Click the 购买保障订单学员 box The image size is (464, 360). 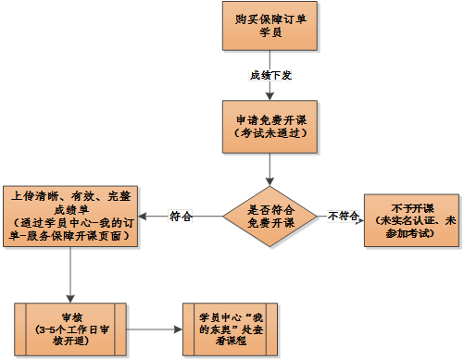coord(270,27)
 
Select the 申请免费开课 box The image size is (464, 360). coord(270,126)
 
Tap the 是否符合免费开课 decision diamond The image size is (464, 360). coord(270,217)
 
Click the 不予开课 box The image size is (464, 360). coord(411,221)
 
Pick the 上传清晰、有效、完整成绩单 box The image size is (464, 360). coord(71,216)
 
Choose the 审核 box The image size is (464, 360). coord(71,328)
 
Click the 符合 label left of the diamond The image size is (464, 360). coord(181,217)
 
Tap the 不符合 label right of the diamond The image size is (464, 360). coord(344,217)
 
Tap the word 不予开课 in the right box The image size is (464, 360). coord(411,208)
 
